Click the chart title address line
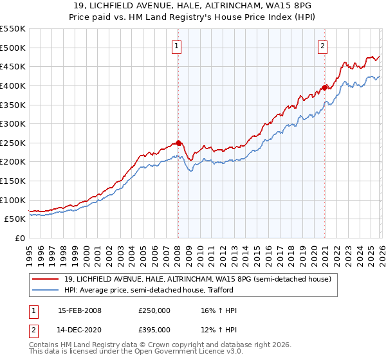click(x=193, y=6)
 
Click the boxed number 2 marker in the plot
click(x=322, y=46)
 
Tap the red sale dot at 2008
click(x=178, y=143)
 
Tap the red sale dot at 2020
click(x=325, y=87)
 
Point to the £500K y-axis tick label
click(x=13, y=48)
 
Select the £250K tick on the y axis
click(x=13, y=143)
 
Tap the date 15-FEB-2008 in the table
click(x=79, y=310)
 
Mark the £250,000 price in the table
click(x=154, y=310)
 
